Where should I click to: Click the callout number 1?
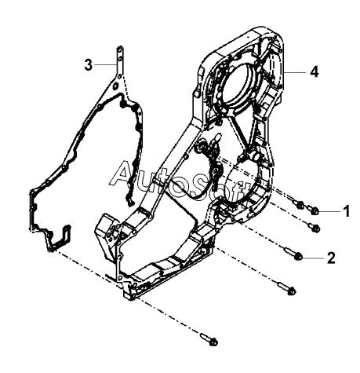(x=347, y=211)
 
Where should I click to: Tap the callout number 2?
(x=331, y=258)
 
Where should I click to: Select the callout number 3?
(x=89, y=64)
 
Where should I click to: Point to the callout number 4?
(x=315, y=71)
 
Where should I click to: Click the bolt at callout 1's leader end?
(x=313, y=210)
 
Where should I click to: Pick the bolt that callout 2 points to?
(x=293, y=254)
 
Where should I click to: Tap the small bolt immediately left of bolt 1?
(x=299, y=204)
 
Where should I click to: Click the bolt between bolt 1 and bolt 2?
(x=315, y=227)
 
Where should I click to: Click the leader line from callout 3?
(x=106, y=64)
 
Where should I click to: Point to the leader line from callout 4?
(x=295, y=72)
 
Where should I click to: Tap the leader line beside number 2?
(x=314, y=258)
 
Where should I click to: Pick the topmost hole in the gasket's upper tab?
(x=119, y=49)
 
